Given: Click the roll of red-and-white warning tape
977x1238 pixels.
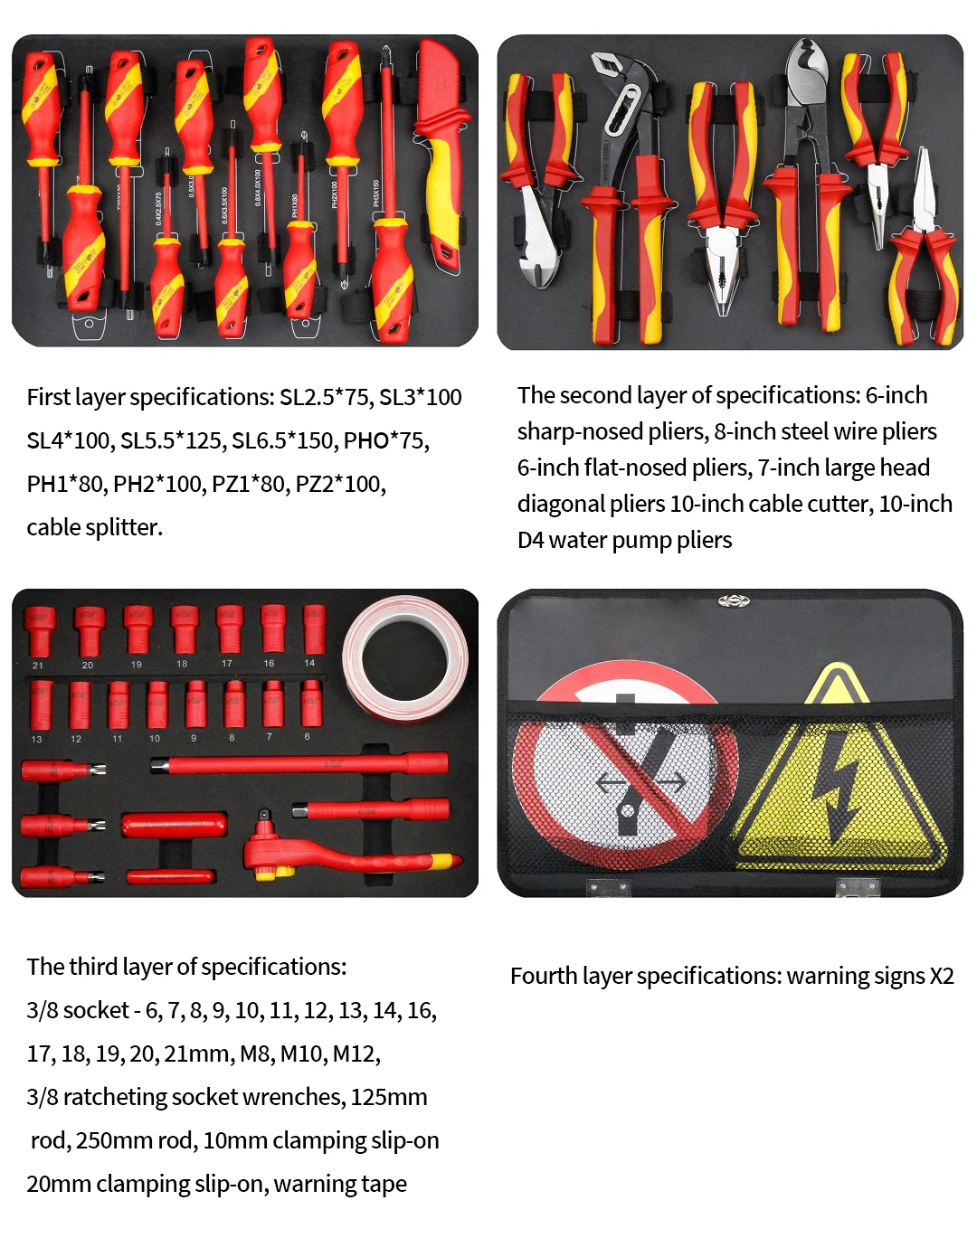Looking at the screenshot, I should [x=407, y=658].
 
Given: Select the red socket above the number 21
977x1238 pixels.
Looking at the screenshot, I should [x=40, y=631].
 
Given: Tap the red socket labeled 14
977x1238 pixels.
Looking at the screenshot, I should [x=313, y=628].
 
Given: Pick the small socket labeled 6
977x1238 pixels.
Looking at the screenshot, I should [x=310, y=703].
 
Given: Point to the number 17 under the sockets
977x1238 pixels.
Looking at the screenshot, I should [x=227, y=664].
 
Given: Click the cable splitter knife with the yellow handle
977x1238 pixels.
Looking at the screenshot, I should [x=440, y=154].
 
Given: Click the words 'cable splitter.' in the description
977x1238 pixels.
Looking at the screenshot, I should [x=94, y=527].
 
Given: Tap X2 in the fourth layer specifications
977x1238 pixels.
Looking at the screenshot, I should [x=941, y=977].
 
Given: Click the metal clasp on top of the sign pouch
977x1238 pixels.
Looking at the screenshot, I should [x=734, y=600].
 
